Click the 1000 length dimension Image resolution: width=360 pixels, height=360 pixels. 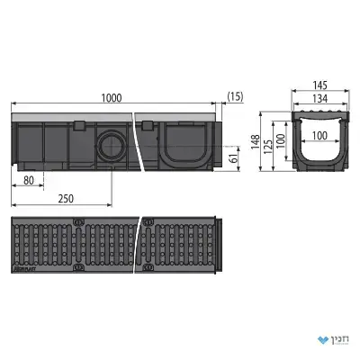(112, 98)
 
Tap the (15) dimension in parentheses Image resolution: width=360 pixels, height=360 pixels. (235, 96)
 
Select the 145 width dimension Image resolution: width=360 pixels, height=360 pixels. (319, 85)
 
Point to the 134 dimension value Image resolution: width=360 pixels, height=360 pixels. (320, 98)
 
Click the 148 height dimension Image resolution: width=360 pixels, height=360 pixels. (256, 142)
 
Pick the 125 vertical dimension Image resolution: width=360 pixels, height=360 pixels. (268, 147)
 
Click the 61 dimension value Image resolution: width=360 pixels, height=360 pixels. (234, 157)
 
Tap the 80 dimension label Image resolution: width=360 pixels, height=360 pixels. (29, 181)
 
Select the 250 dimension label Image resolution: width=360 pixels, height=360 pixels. (66, 199)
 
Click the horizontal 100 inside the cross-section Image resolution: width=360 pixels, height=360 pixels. (319, 136)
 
